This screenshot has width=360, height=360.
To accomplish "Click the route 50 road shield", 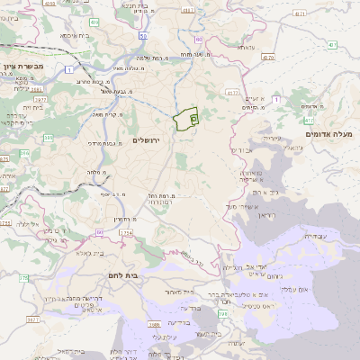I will coord(144,37).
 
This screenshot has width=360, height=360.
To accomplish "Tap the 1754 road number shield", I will coord(126,233).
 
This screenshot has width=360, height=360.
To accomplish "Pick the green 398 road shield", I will coord(221,312).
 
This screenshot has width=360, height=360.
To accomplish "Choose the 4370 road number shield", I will coord(268,56).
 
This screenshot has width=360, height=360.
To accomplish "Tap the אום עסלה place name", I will coord(320,289).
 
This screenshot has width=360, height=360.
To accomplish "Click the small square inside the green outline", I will coord(194,118).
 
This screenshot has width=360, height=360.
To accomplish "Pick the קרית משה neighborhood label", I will coord(107,114).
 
